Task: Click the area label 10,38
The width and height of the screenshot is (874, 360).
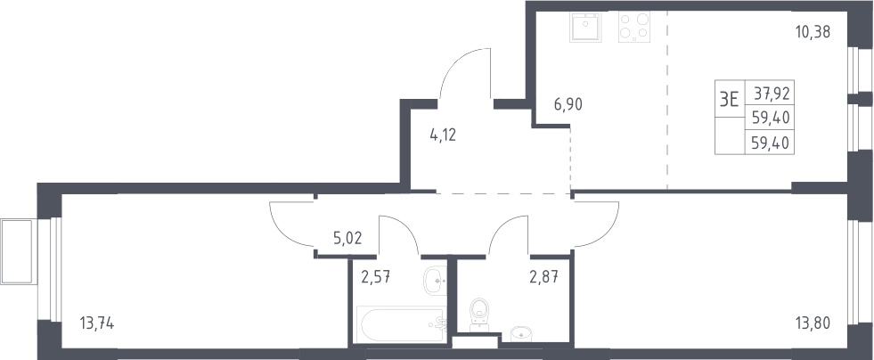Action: point(813,32)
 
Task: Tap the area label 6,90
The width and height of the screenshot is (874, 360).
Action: point(568,104)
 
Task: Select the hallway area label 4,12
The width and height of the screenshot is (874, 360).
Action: point(443,135)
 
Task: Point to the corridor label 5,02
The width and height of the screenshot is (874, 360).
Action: point(347,239)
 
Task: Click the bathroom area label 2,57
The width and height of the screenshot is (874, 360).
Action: point(375,276)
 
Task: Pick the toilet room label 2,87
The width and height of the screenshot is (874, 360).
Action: point(543,276)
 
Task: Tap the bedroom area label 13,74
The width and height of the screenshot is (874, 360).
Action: point(97,323)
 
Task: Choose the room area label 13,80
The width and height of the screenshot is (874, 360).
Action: point(813,323)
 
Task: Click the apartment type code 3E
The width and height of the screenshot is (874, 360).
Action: point(730,100)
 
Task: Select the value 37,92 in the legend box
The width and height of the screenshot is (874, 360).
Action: point(772,93)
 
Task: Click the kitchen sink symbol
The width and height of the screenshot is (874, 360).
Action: point(585,27)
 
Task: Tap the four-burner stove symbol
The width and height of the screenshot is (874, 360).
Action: point(633,27)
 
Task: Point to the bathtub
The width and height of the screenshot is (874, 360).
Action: point(401,324)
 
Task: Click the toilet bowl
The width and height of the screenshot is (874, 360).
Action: point(479,315)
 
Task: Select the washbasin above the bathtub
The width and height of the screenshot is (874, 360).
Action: point(435,282)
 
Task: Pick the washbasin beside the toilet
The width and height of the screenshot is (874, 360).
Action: point(521,334)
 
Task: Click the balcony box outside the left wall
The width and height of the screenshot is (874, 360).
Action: point(19,252)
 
